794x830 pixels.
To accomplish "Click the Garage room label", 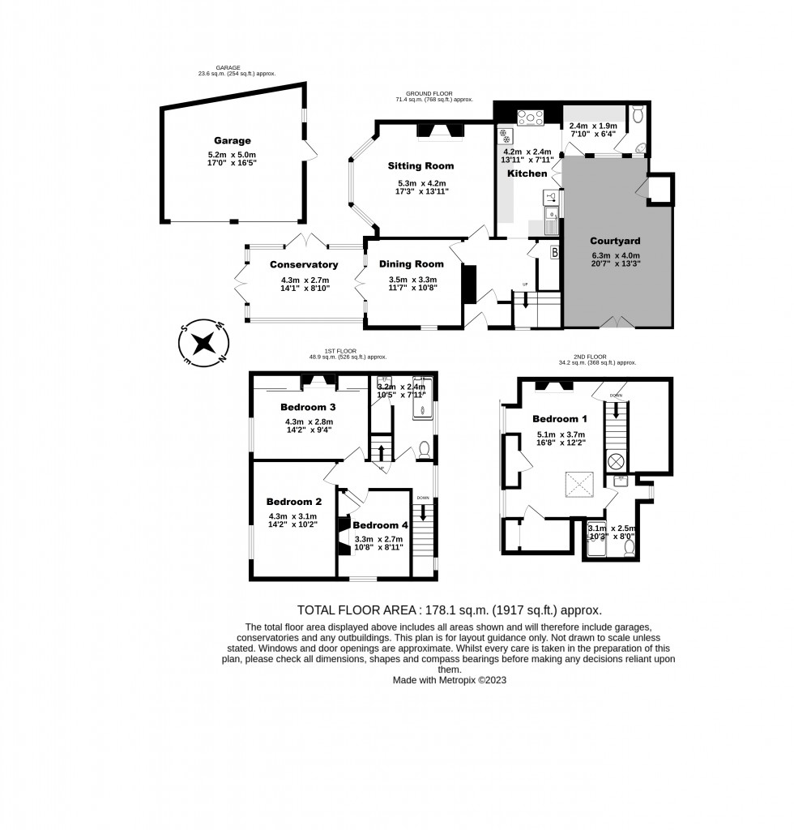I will click(232, 140).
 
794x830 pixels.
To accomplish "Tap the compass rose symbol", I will click(203, 342).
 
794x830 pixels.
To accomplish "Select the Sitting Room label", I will click(420, 166).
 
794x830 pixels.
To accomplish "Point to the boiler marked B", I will click(554, 251).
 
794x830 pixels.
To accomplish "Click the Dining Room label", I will click(412, 263).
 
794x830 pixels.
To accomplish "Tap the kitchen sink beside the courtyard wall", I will click(552, 215).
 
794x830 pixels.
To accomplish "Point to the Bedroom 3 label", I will click(308, 407).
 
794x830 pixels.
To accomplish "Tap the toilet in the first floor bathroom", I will click(424, 448).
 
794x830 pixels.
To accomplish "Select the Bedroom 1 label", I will click(560, 419).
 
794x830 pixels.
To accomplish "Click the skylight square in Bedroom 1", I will click(578, 486).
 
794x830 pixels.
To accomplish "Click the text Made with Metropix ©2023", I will click(449, 681).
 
